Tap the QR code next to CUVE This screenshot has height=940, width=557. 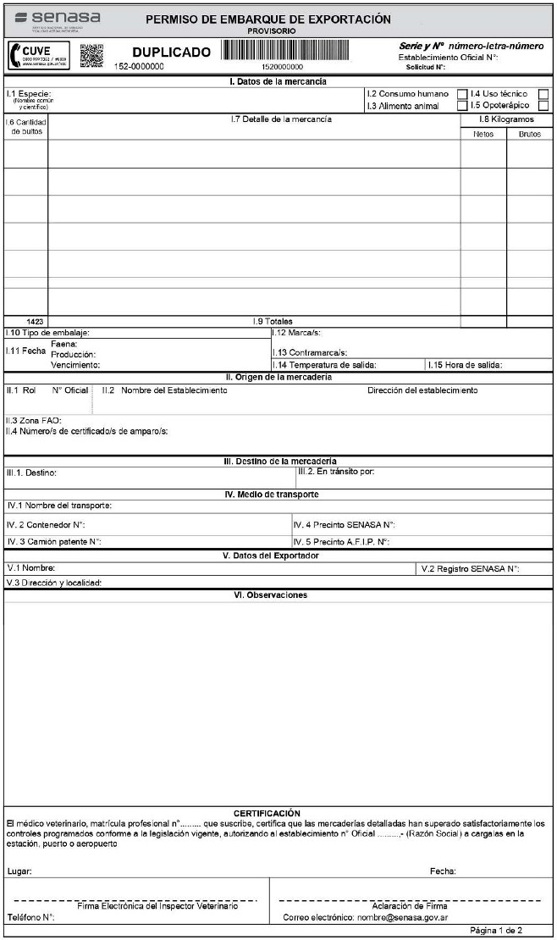pyautogui.click(x=91, y=55)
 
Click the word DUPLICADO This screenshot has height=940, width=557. pyautogui.click(x=172, y=53)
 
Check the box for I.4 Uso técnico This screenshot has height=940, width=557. pyautogui.click(x=462, y=93)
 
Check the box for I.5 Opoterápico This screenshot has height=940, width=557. pyautogui.click(x=462, y=106)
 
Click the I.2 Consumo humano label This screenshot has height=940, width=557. pyautogui.click(x=407, y=94)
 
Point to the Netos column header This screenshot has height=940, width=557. pyautogui.click(x=483, y=134)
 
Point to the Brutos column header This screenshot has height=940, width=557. pyautogui.click(x=529, y=134)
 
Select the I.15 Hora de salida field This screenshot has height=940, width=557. pyautogui.click(x=466, y=365)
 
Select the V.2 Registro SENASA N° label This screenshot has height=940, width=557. pyautogui.click(x=470, y=569)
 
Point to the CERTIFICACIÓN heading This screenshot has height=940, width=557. pyautogui.click(x=267, y=814)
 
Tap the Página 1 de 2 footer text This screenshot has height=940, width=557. pyautogui.click(x=496, y=931)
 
